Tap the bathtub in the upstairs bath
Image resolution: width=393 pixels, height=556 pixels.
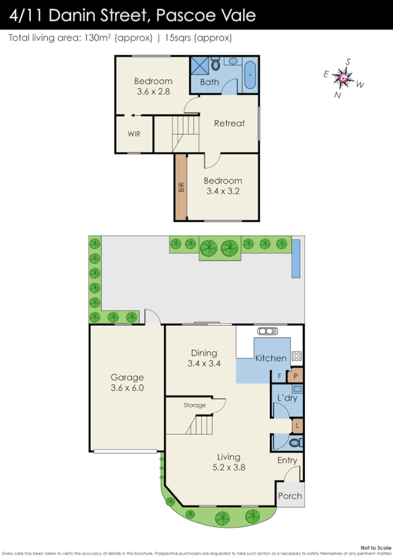point(250,75)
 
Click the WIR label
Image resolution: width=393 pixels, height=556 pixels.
point(134,134)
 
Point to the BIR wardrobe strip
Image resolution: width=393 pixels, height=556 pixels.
point(180,187)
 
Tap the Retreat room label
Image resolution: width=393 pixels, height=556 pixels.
point(229,123)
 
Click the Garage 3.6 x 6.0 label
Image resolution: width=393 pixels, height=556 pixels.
point(127,382)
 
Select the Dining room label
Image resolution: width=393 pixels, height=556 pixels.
point(203,358)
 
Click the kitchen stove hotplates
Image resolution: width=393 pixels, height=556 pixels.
point(296,357)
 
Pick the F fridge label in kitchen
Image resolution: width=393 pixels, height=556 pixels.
point(279,376)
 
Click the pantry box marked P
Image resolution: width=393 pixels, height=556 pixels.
point(296,376)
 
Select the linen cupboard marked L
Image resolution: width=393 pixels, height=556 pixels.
point(297,425)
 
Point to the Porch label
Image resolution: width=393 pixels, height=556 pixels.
point(291,496)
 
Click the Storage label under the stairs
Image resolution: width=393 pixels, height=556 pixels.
point(194,405)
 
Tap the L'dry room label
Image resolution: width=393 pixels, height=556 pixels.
point(287,398)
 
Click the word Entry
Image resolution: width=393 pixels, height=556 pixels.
point(287,460)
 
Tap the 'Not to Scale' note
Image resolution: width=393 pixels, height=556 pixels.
point(374,548)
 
